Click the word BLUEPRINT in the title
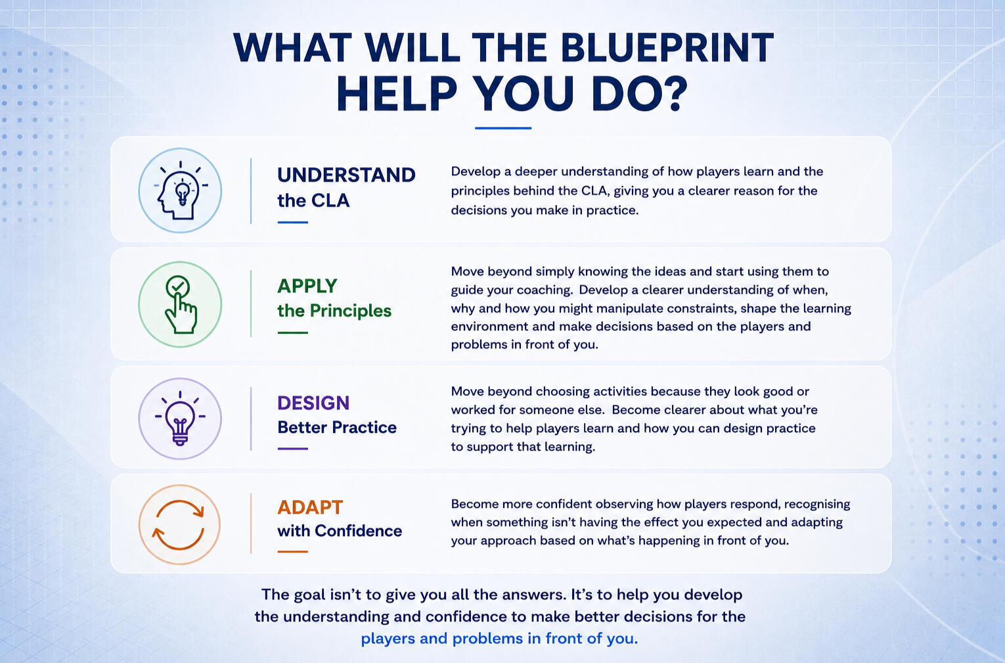click(667, 47)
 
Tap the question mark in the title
click(673, 93)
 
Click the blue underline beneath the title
click(503, 128)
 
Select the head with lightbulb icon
click(181, 191)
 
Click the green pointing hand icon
click(181, 304)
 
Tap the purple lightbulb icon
click(180, 419)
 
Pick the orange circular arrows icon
click(179, 525)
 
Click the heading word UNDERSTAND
click(346, 175)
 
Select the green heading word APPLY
click(307, 286)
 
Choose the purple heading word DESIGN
click(313, 403)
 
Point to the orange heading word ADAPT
click(310, 507)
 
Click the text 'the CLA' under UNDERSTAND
click(313, 200)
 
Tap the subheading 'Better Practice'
click(337, 427)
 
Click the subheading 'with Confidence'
click(340, 531)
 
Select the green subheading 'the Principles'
click(334, 311)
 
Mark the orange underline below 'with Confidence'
click(292, 552)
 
